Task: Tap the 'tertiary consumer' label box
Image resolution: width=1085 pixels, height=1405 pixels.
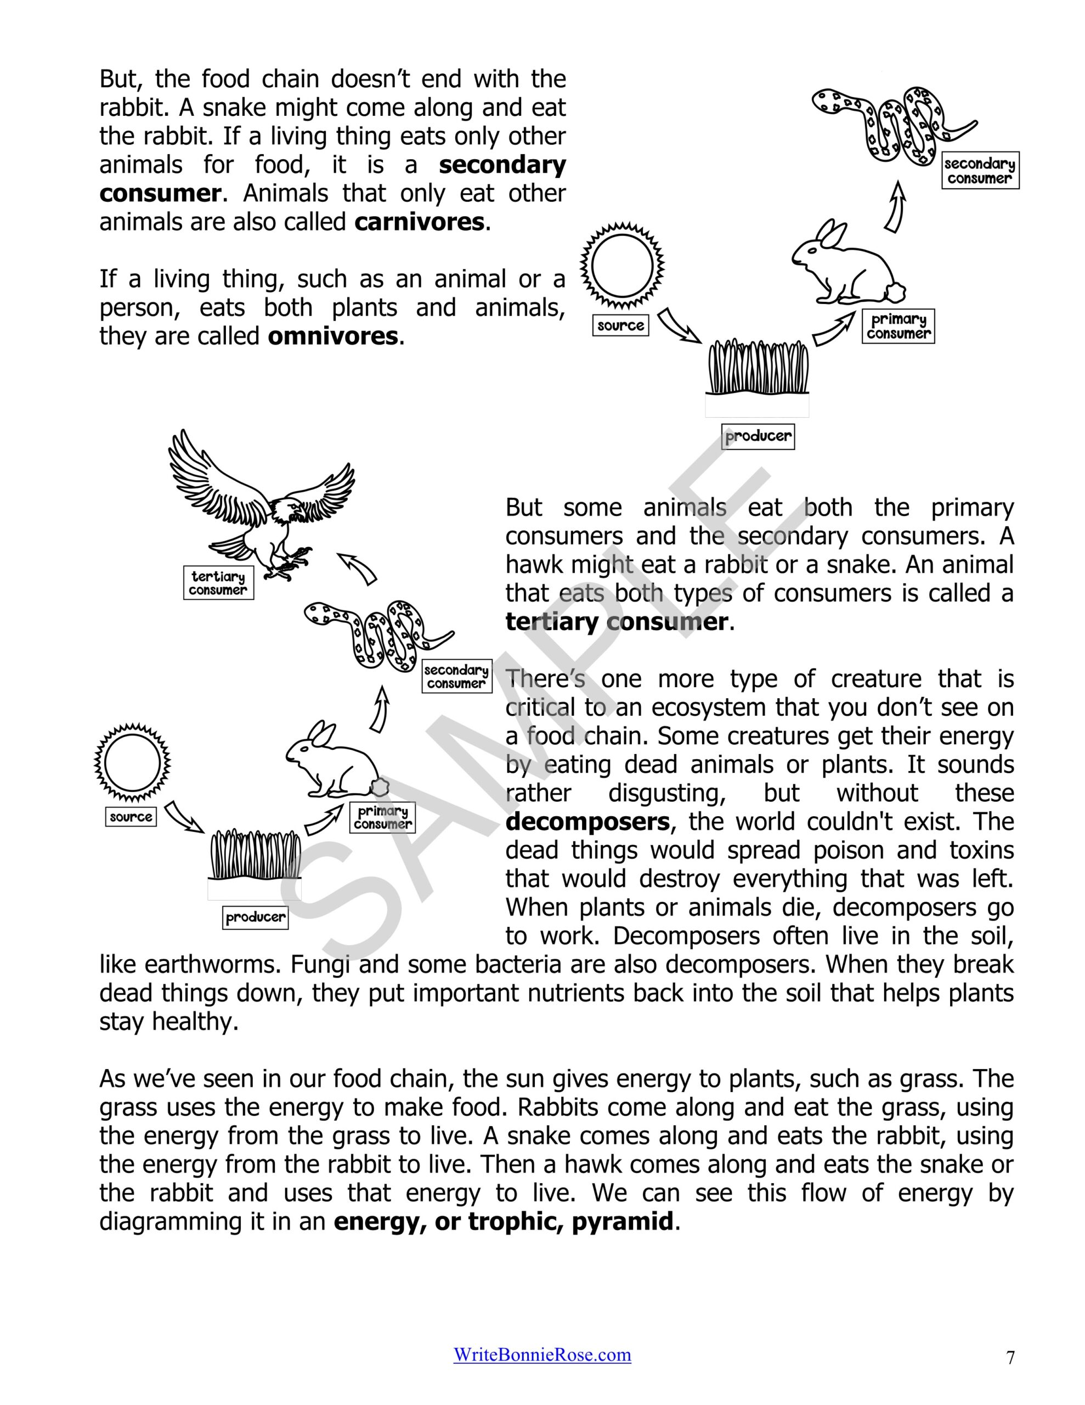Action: [218, 583]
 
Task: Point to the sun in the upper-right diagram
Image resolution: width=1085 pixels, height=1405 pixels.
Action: [622, 266]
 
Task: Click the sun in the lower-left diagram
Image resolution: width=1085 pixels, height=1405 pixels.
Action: [132, 763]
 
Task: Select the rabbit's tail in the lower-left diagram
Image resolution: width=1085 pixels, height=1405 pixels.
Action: [380, 786]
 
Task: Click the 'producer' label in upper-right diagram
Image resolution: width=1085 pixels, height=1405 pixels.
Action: [758, 436]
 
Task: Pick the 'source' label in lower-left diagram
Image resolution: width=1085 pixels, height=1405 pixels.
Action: [131, 817]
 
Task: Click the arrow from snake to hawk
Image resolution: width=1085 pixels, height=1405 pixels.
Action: [358, 567]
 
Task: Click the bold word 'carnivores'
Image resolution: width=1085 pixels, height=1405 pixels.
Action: [419, 222]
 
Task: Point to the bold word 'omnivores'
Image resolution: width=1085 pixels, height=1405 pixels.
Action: [332, 336]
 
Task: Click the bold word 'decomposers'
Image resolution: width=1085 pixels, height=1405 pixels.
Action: [587, 822]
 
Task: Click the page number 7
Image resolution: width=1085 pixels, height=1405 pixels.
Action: [1010, 1357]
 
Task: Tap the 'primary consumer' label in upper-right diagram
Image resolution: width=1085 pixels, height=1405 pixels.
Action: [898, 326]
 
